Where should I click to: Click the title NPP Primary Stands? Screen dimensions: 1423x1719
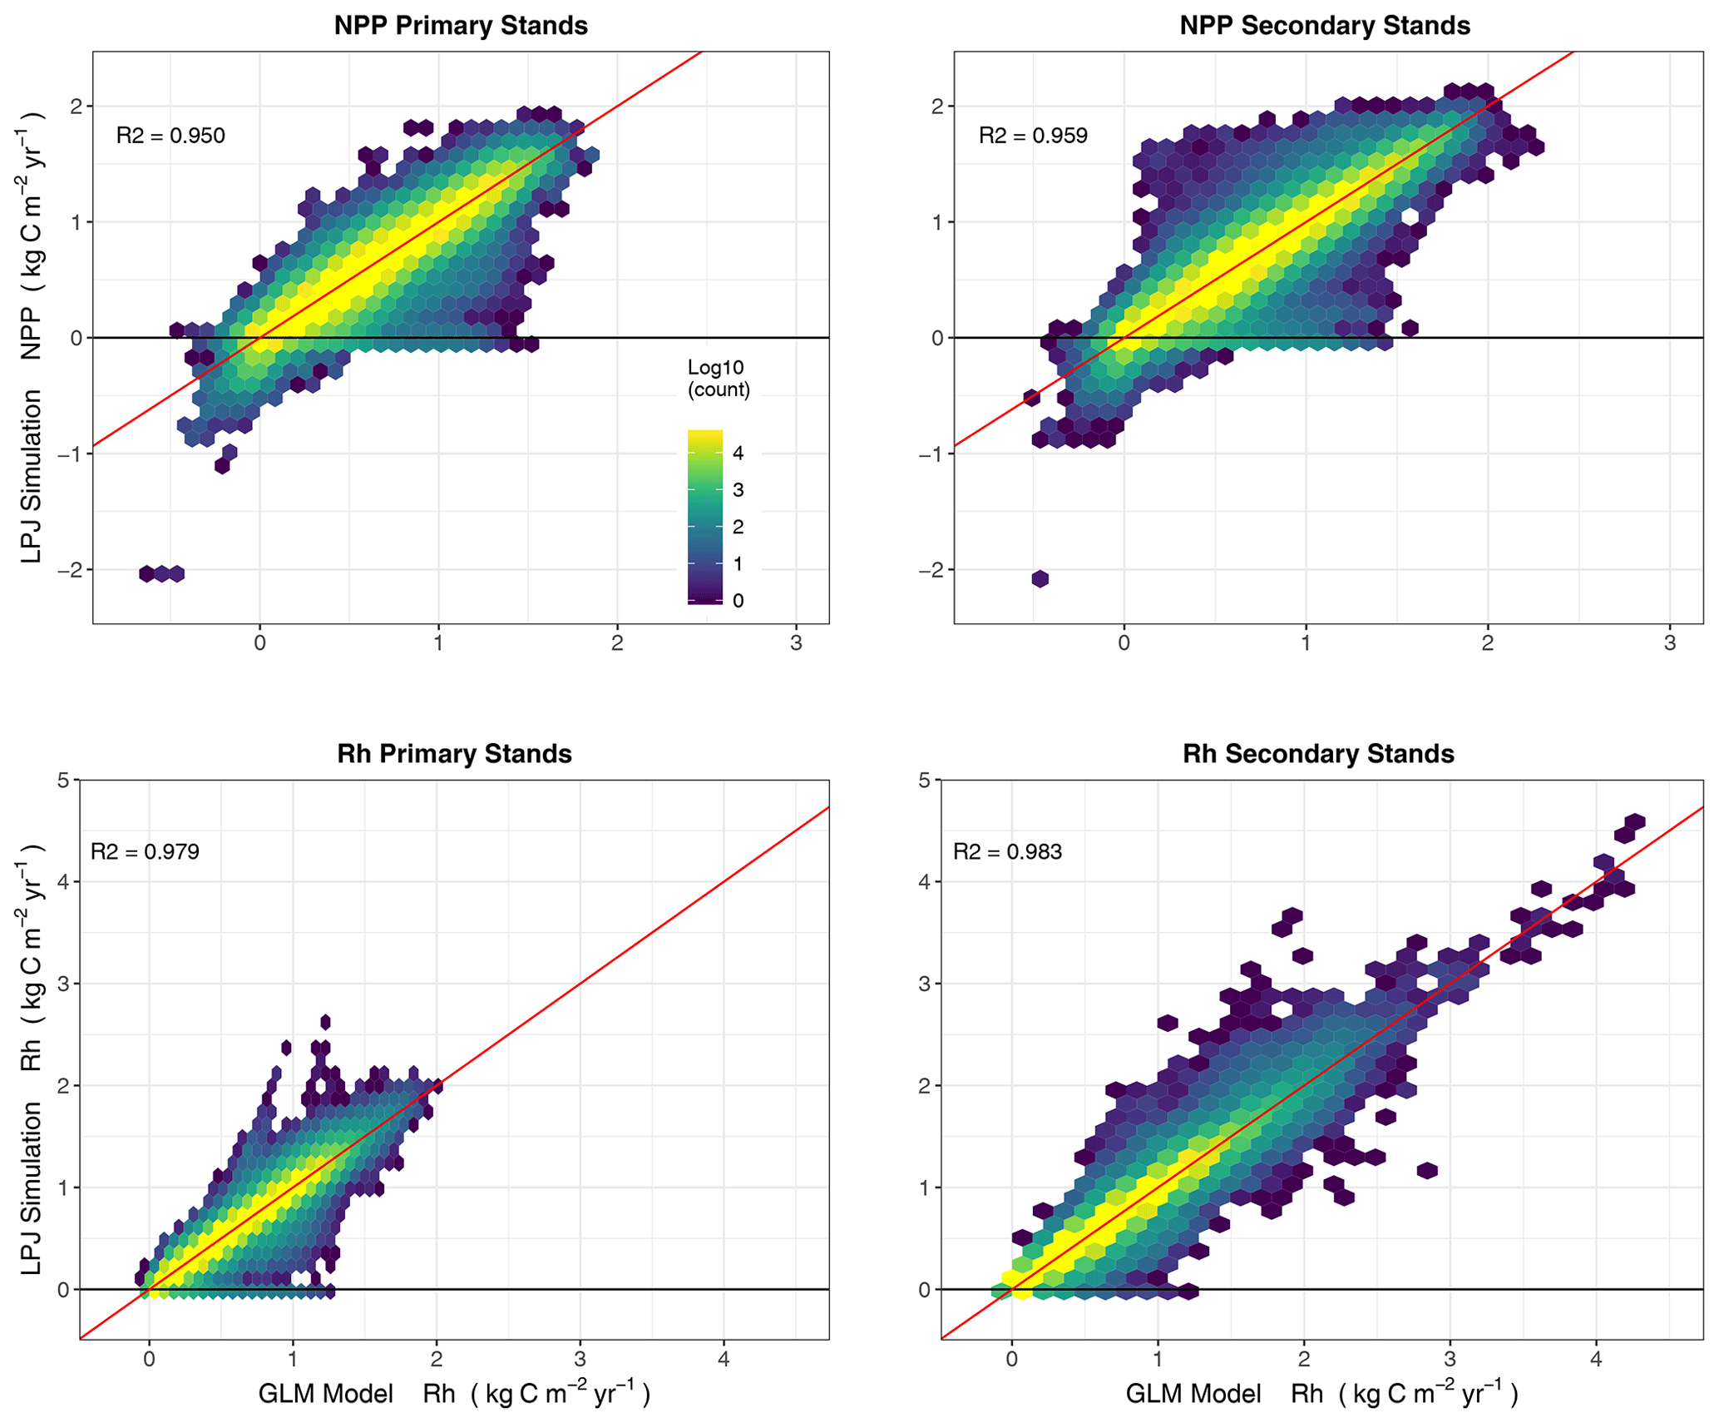(461, 26)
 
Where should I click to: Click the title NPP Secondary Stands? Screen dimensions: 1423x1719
(1324, 26)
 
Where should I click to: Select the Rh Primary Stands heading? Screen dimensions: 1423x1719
(454, 754)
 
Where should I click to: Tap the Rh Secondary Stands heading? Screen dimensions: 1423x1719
(1318, 754)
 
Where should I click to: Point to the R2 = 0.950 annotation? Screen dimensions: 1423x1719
(170, 136)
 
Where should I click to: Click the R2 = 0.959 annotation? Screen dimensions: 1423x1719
(1033, 136)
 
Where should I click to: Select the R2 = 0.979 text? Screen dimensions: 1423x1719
(145, 851)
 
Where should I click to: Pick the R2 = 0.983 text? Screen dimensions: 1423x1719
(1007, 851)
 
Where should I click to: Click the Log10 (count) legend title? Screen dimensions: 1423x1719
(718, 379)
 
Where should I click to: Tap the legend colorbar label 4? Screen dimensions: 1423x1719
(738, 454)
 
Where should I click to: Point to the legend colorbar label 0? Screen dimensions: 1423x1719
(738, 601)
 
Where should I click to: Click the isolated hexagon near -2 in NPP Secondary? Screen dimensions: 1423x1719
(1040, 578)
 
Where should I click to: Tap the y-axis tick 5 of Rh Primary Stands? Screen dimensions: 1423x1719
(63, 780)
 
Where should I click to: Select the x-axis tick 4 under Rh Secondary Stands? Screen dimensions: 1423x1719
(1595, 1360)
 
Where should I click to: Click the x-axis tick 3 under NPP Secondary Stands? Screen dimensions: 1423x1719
(1669, 643)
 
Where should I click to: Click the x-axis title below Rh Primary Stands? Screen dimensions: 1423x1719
(454, 1394)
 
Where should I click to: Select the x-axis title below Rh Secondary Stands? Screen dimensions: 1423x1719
(1321, 1394)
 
